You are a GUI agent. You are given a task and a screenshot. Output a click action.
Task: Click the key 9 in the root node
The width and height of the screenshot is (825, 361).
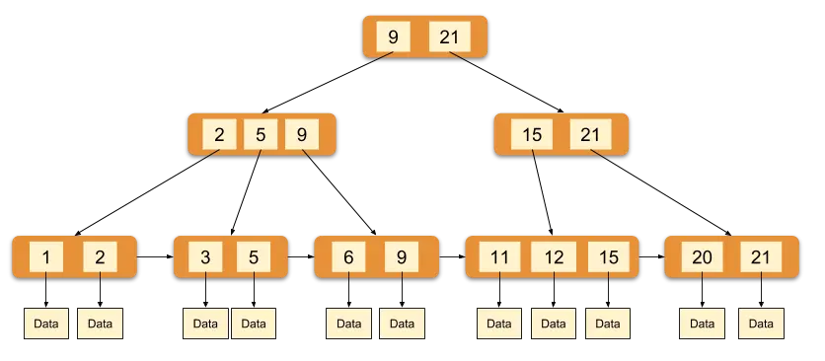[393, 36]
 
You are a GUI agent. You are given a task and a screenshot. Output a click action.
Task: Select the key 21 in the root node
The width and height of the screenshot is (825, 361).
[449, 36]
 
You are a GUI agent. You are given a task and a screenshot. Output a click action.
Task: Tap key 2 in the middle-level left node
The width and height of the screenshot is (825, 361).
[219, 135]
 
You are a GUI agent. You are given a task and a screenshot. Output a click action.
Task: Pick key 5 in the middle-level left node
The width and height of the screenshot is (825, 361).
[261, 135]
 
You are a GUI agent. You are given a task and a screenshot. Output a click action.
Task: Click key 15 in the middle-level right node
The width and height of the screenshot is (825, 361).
[532, 135]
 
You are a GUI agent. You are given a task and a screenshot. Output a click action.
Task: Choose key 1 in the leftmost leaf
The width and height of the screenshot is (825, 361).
[46, 256]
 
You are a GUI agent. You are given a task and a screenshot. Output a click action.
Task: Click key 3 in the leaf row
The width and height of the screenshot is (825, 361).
[205, 256]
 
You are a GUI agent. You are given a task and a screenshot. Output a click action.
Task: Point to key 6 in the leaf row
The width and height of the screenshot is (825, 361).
[348, 256]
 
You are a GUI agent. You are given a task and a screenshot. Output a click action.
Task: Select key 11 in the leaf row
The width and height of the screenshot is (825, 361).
[499, 256]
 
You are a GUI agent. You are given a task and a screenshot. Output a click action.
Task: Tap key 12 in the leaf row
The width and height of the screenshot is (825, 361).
[554, 256]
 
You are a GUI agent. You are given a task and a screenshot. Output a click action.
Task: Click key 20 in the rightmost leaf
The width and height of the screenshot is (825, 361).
[702, 256]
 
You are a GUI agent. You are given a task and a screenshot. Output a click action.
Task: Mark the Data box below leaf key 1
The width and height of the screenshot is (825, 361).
[46, 324]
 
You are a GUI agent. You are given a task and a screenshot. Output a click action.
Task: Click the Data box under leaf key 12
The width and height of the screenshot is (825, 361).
[554, 324]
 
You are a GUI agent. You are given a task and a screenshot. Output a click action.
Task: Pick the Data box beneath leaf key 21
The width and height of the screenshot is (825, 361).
[761, 324]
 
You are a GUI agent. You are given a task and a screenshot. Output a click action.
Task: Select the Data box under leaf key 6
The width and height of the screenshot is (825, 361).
[348, 324]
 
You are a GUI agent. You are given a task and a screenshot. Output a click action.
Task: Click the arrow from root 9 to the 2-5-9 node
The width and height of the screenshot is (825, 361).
[328, 83]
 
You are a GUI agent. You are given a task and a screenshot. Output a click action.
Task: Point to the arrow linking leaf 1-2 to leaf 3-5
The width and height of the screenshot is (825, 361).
[155, 256]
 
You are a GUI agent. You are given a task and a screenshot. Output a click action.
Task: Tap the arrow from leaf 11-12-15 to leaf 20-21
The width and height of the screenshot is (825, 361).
[652, 256]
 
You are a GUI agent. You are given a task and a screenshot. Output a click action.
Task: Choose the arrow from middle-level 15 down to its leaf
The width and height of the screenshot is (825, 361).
[542, 192]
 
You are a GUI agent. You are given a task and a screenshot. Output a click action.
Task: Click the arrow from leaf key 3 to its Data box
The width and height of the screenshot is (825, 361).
[205, 289]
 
